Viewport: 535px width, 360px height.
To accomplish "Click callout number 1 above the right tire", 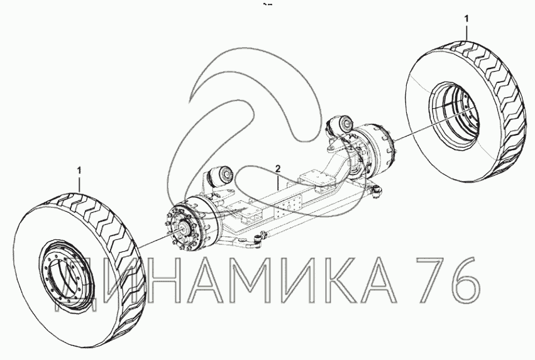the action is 467,18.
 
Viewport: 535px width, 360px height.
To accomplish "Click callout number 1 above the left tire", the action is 79,170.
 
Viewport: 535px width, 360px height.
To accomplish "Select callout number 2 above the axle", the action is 278,168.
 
